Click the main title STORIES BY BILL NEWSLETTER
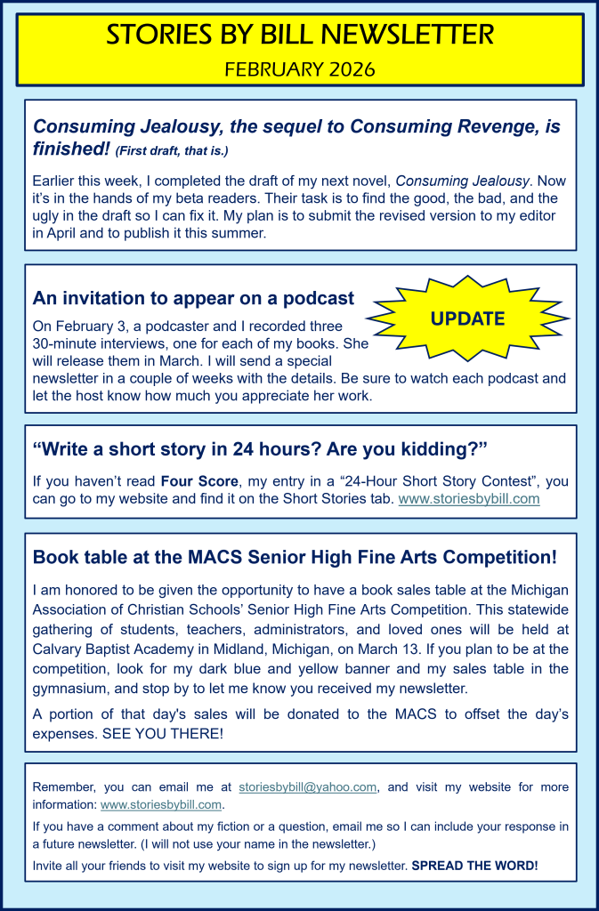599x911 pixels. pyautogui.click(x=300, y=36)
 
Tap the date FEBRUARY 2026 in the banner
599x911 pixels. pyautogui.click(x=300, y=69)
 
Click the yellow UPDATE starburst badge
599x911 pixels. pyautogui.click(x=467, y=318)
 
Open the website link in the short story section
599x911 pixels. pyautogui.click(x=468, y=499)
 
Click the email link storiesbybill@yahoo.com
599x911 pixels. pyautogui.click(x=308, y=787)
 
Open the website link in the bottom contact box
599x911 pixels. pyautogui.click(x=161, y=805)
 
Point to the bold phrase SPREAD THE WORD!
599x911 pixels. pyautogui.click(x=475, y=865)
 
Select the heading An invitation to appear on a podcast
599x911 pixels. pyautogui.click(x=193, y=298)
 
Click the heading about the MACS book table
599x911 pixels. pyautogui.click(x=295, y=558)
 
